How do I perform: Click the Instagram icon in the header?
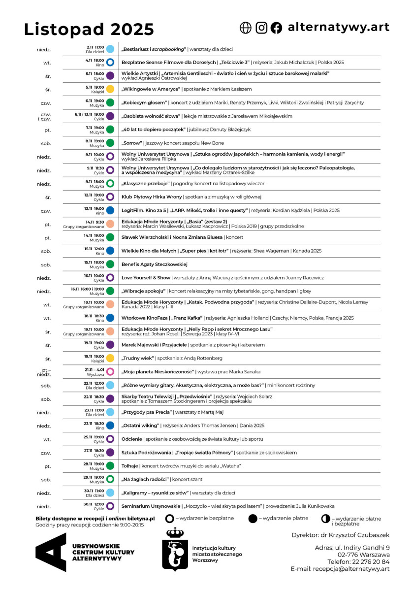(x=261, y=28)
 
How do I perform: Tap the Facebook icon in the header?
(x=277, y=28)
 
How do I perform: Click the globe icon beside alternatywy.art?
(x=245, y=28)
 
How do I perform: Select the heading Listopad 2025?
(x=89, y=30)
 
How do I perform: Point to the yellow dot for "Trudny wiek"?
(x=110, y=358)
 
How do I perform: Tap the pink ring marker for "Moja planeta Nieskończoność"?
(x=110, y=371)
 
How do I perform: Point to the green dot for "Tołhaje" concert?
(x=110, y=466)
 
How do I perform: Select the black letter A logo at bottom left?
(x=51, y=552)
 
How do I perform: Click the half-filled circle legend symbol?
(x=325, y=519)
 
